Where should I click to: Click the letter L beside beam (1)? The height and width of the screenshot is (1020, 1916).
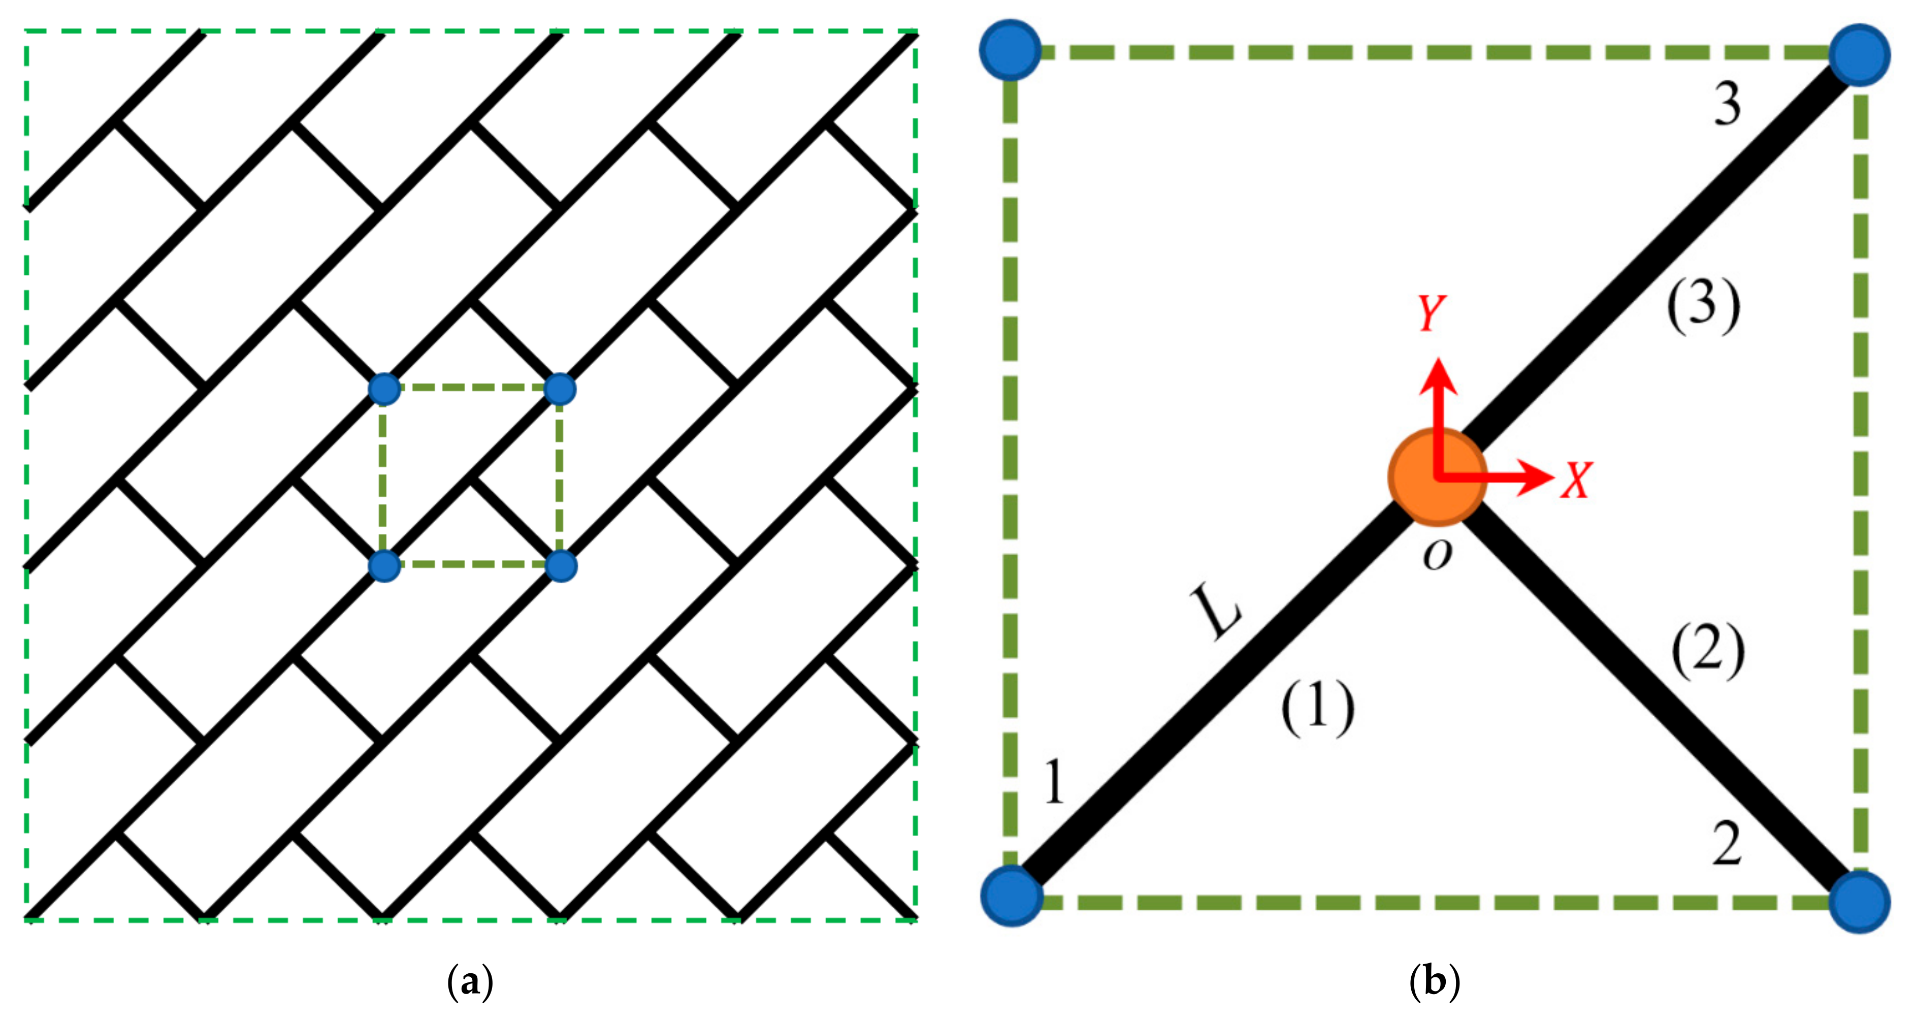1215,612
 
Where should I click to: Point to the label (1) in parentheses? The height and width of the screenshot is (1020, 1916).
1317,708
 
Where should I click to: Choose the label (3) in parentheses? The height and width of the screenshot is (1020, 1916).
1703,306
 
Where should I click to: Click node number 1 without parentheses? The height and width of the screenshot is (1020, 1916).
1054,782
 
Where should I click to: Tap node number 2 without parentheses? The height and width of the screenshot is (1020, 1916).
1727,844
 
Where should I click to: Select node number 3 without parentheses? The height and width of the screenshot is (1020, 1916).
1727,104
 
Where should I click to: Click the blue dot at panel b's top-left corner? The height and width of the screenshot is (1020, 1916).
1010,49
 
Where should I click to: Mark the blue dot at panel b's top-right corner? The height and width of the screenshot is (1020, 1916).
1859,55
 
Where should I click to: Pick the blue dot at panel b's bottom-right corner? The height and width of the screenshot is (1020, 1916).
1859,901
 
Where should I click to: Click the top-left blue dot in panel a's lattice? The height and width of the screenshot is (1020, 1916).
384,389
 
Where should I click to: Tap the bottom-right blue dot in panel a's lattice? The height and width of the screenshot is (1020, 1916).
561,566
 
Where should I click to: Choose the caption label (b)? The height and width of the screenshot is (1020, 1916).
1434,982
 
